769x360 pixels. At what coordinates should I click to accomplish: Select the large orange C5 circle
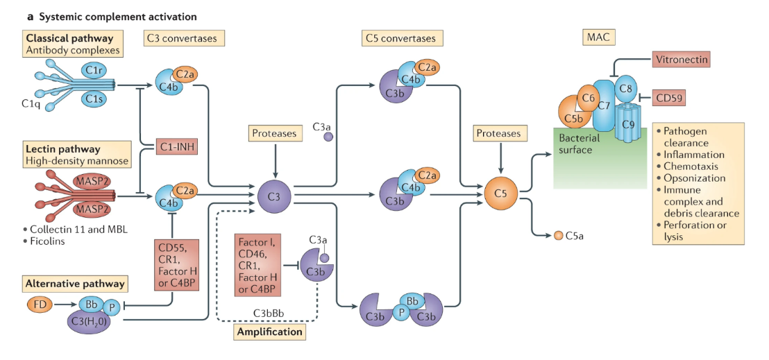click(501, 195)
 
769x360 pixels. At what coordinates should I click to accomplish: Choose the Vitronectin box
click(682, 59)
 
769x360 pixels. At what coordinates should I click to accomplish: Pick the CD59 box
click(670, 98)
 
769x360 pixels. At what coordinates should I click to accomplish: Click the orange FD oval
click(39, 304)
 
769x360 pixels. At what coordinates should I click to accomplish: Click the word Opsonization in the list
click(694, 178)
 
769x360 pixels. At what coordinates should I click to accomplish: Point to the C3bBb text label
click(271, 313)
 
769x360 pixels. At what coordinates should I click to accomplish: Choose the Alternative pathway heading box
click(75, 283)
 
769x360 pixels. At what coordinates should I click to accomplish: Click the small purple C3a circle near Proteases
click(329, 137)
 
